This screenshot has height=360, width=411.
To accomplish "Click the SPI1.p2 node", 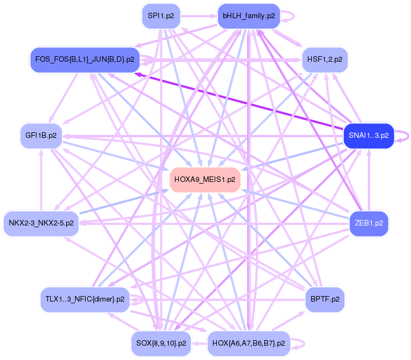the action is pyautogui.click(x=161, y=16).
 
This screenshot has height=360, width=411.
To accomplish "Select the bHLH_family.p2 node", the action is pyautogui.click(x=248, y=16).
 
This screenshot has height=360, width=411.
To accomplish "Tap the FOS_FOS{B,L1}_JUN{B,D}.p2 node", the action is pyautogui.click(x=84, y=59).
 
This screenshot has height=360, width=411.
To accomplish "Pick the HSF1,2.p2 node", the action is pyautogui.click(x=324, y=59).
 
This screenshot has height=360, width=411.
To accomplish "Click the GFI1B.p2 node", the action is pyautogui.click(x=41, y=135).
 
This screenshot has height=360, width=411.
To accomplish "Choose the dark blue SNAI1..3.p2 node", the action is pyautogui.click(x=368, y=135).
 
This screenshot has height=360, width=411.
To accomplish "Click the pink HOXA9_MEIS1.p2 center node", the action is pyautogui.click(x=205, y=180).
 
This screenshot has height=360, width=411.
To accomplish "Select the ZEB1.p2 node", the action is pyautogui.click(x=369, y=223).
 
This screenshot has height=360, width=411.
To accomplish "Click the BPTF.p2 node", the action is pyautogui.click(x=325, y=299).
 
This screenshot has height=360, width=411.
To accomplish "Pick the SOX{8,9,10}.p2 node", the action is pyautogui.click(x=161, y=343).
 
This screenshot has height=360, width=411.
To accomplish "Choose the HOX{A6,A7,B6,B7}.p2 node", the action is pyautogui.click(x=248, y=343).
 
